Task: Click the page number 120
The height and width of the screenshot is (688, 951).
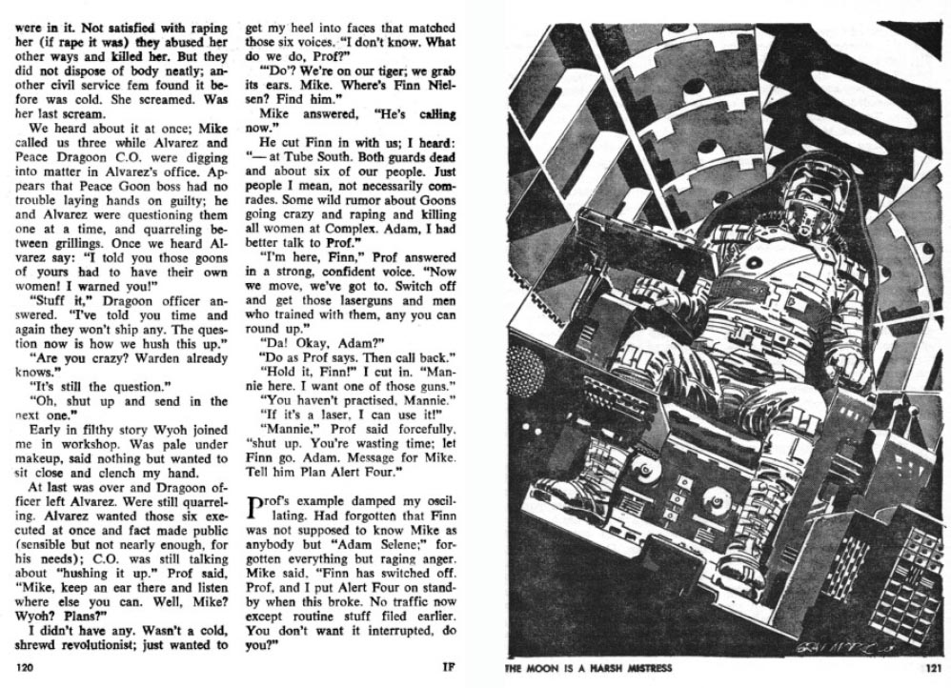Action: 26,668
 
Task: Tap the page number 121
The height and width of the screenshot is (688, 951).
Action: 933,668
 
